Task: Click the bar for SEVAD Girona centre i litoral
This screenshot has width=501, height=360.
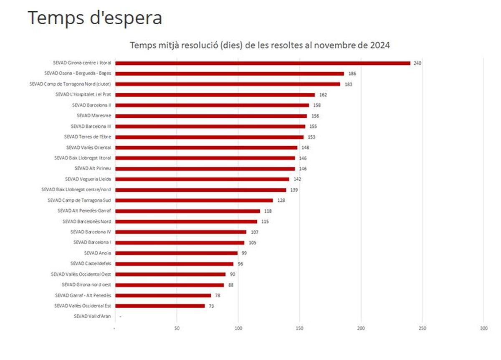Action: [x=263, y=63]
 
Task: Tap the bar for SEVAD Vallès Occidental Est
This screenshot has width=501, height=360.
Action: [x=160, y=306]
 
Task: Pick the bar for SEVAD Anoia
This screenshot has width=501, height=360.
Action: [x=176, y=253]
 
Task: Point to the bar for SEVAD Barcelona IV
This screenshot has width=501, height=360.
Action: [x=181, y=232]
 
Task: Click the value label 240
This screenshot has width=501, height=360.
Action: [x=417, y=63]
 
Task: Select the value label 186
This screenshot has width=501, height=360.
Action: [x=352, y=74]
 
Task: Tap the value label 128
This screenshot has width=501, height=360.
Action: [x=281, y=200]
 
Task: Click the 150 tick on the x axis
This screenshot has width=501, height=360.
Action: [x=299, y=329]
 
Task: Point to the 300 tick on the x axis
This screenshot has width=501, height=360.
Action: [x=483, y=329]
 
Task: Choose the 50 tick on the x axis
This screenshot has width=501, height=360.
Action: [x=177, y=329]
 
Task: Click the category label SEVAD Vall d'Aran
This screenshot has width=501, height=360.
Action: [x=92, y=316]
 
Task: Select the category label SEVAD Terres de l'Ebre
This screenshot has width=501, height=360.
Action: [x=87, y=137]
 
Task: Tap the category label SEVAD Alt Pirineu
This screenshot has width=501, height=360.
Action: [x=93, y=168]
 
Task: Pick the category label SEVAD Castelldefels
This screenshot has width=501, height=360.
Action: [x=91, y=264]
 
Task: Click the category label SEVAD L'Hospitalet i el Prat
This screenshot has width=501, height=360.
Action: [x=83, y=94]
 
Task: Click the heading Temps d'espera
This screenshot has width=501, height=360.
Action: [x=95, y=18]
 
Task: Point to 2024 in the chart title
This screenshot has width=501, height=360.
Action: [x=380, y=45]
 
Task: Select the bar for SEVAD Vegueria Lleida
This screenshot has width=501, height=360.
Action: [x=202, y=179]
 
